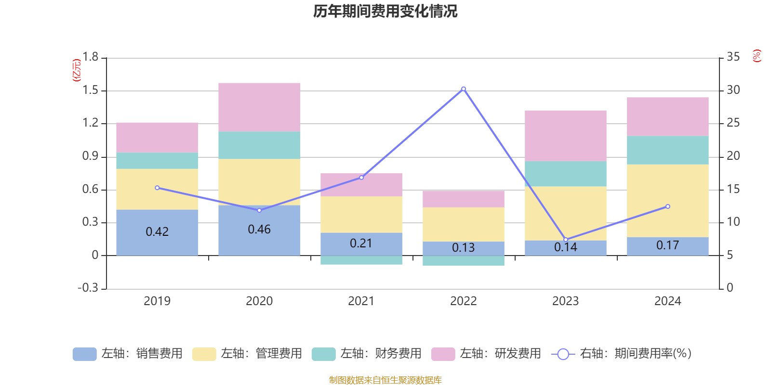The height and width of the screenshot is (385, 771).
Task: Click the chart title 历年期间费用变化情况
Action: click(385, 11)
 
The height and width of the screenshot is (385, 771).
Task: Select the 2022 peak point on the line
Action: click(464, 89)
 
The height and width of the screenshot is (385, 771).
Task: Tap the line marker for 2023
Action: click(566, 240)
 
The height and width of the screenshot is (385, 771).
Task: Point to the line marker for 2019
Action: click(157, 188)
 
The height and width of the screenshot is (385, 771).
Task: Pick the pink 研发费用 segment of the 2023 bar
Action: click(566, 136)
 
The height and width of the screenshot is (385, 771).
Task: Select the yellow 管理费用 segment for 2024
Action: click(668, 201)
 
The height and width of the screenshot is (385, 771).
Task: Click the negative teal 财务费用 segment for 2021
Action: click(361, 260)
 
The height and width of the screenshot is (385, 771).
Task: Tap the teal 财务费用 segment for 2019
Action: click(157, 161)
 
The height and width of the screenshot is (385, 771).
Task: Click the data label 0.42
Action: click(157, 232)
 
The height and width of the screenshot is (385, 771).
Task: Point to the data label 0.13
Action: click(464, 248)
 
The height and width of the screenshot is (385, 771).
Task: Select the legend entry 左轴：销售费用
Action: click(128, 354)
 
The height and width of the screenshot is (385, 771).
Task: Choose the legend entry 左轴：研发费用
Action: click(486, 354)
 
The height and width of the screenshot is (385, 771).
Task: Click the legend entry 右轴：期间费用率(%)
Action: click(622, 354)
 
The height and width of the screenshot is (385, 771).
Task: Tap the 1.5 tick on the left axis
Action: click(90, 90)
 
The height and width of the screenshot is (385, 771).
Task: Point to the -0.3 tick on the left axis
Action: click(88, 288)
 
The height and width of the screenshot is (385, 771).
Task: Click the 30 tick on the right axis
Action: click(733, 90)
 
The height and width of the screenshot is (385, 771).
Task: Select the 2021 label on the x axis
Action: click(361, 301)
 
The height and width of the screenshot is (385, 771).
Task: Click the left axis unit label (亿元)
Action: click(77, 70)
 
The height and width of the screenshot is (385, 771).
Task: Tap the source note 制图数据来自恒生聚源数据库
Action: click(385, 380)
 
